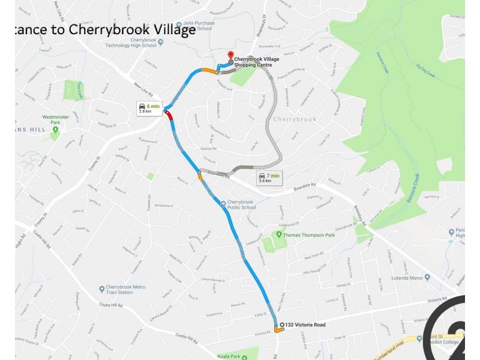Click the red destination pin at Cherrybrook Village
pos(230,56)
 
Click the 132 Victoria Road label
pos(305,325)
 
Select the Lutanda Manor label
pos(406,277)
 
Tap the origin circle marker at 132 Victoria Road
pos(282,325)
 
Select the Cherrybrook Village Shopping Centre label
pos(257,62)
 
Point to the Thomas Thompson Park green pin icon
pos(278,233)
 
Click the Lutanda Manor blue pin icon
pos(427,277)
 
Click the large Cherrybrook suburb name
pos(295,119)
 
